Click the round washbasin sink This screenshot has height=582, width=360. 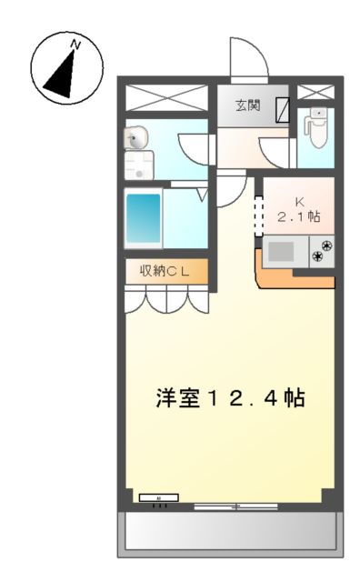[x=137, y=139]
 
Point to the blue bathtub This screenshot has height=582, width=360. [x=143, y=218]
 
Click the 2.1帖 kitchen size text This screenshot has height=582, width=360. [x=299, y=217]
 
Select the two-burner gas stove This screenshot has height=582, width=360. [x=322, y=250]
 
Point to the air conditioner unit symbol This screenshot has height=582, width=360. [x=158, y=498]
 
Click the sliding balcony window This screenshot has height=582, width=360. [x=234, y=505]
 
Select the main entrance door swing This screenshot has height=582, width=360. [x=248, y=61]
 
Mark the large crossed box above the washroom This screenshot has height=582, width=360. [x=169, y=98]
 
